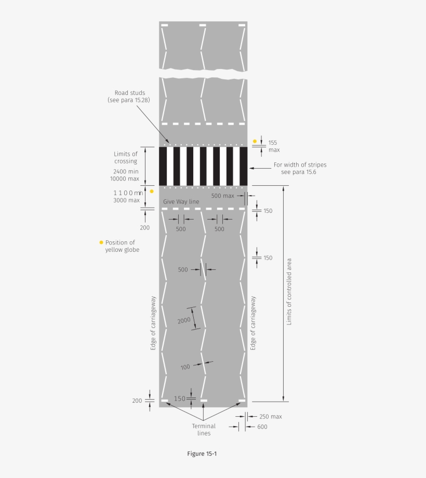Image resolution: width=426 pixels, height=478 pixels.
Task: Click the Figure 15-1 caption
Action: point(202,454)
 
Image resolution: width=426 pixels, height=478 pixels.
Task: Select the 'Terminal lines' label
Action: point(204,430)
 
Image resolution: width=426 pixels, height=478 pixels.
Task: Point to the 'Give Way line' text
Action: point(181,201)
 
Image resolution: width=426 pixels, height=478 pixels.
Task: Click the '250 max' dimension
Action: point(270,416)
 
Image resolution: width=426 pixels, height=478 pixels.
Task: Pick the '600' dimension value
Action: point(262,427)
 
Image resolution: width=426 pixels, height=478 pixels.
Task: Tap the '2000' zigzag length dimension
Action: point(184,320)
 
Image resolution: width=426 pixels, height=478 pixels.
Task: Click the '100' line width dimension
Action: point(185,367)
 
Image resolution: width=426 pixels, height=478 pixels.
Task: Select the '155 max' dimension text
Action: point(274,146)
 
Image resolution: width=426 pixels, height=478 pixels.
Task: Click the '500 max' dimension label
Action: point(223,196)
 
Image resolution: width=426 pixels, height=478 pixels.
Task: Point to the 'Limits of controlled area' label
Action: point(289,292)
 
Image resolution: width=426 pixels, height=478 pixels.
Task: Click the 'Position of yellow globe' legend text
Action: point(122,246)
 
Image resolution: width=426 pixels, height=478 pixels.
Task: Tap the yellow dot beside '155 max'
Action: point(255,141)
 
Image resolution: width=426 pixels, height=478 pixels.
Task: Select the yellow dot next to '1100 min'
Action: point(152,191)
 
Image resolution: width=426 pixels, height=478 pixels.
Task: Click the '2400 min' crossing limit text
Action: point(126,171)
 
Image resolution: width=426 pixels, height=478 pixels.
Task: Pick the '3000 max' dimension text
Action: point(126,200)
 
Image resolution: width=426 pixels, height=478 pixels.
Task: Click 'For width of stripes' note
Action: point(300,165)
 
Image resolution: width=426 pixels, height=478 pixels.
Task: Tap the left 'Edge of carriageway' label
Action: point(153,323)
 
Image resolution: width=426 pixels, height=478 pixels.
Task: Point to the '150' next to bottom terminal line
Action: point(179,399)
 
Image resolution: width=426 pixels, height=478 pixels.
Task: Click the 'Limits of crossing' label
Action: point(126,157)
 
